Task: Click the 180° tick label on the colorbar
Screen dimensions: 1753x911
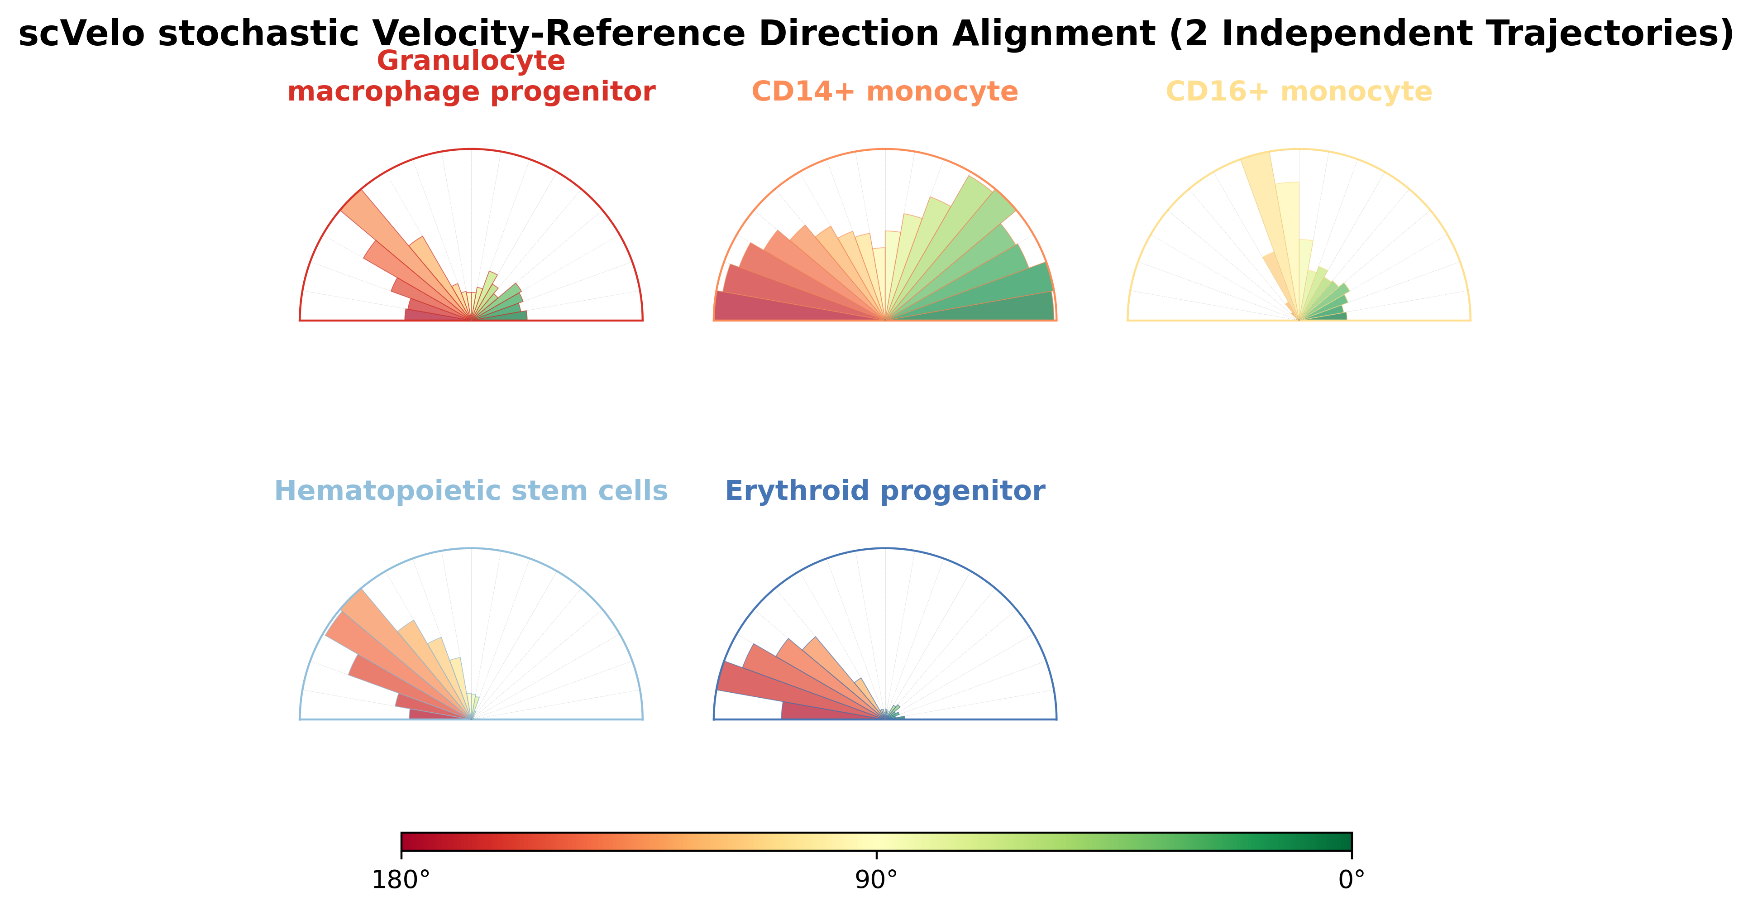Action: [x=401, y=880]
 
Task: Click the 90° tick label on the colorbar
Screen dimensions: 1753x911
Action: [x=876, y=880]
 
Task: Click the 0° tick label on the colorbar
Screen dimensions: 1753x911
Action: [x=1352, y=880]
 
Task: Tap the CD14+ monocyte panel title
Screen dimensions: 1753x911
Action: [x=885, y=91]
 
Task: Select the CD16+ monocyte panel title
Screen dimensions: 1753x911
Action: [x=1299, y=91]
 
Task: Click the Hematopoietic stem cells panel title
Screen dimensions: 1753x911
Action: [x=471, y=491]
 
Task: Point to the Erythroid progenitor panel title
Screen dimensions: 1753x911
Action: [x=885, y=491]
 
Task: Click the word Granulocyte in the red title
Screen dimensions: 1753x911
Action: [x=471, y=61]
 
